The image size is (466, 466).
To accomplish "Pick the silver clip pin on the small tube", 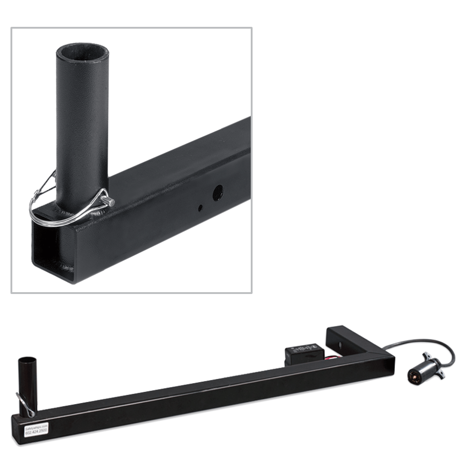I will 25,404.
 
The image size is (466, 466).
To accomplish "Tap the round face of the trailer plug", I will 414,376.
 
